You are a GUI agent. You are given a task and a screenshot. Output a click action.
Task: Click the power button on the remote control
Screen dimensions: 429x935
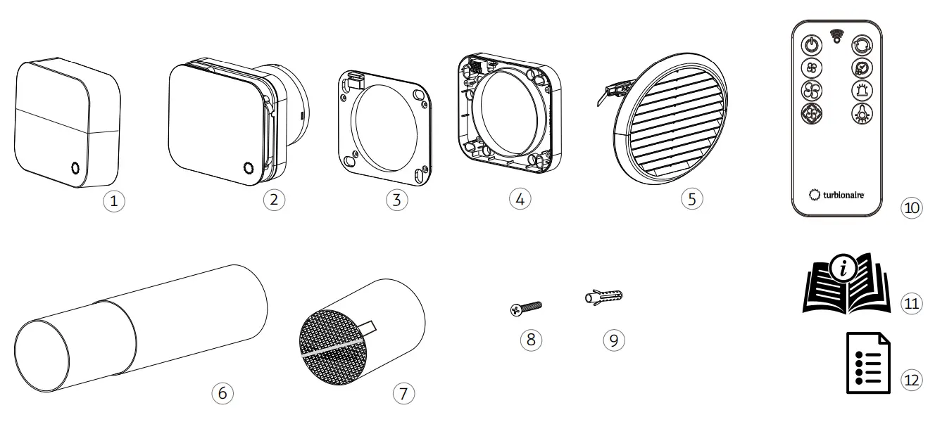point(812,44)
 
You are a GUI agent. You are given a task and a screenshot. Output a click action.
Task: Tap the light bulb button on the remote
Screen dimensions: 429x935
point(860,114)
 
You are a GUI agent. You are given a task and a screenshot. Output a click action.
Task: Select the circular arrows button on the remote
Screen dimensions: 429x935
point(860,44)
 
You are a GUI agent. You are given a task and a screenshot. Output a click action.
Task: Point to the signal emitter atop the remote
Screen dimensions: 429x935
point(836,34)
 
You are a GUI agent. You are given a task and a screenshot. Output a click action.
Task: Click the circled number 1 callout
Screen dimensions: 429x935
point(116,200)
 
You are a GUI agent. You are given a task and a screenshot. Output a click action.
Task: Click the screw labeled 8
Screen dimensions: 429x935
point(527,307)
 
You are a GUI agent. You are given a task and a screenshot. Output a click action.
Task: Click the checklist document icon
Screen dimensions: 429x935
point(867,364)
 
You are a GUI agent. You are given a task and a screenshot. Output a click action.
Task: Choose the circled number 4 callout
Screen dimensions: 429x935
point(518,198)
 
